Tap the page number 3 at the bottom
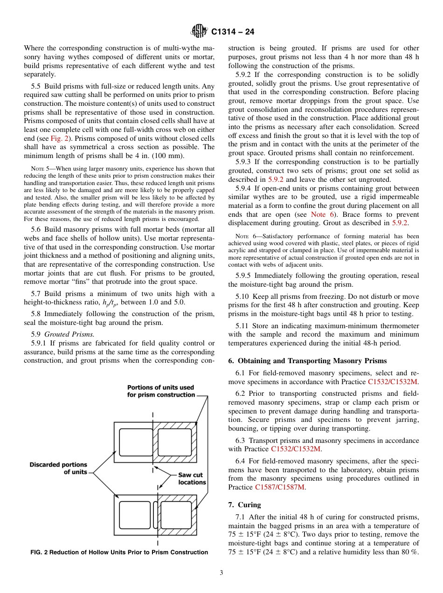(221, 573)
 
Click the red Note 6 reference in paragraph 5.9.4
(318, 214)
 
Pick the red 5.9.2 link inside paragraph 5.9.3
(275, 179)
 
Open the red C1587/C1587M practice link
(280, 487)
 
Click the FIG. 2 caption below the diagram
(119, 552)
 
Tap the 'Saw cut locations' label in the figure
(192, 479)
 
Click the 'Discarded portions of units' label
(58, 468)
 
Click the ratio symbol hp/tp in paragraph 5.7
(110, 302)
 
